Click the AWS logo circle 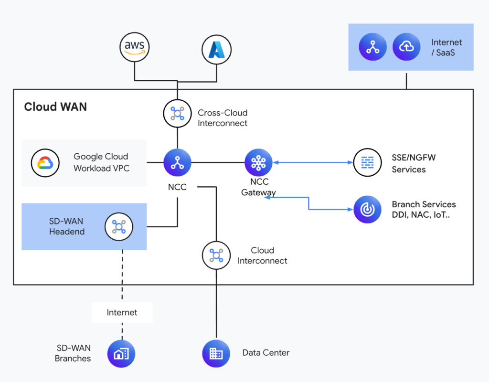click(x=135, y=47)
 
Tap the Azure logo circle click(x=216, y=49)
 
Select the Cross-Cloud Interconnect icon click(x=177, y=114)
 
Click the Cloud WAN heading click(x=55, y=106)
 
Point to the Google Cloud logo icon click(x=45, y=163)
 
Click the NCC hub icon click(x=177, y=163)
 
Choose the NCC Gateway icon click(x=258, y=163)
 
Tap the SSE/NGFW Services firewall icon click(x=367, y=163)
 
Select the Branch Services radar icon click(x=367, y=209)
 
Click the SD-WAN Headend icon click(x=118, y=226)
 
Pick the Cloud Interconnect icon click(x=216, y=255)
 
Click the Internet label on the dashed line click(x=122, y=312)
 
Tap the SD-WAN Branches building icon click(x=121, y=354)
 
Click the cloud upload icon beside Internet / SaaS click(x=406, y=47)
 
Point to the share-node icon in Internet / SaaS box click(x=372, y=47)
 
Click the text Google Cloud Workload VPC click(x=101, y=162)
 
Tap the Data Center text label click(x=266, y=353)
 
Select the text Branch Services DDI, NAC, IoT click(x=424, y=209)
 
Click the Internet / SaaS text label click(x=446, y=47)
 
